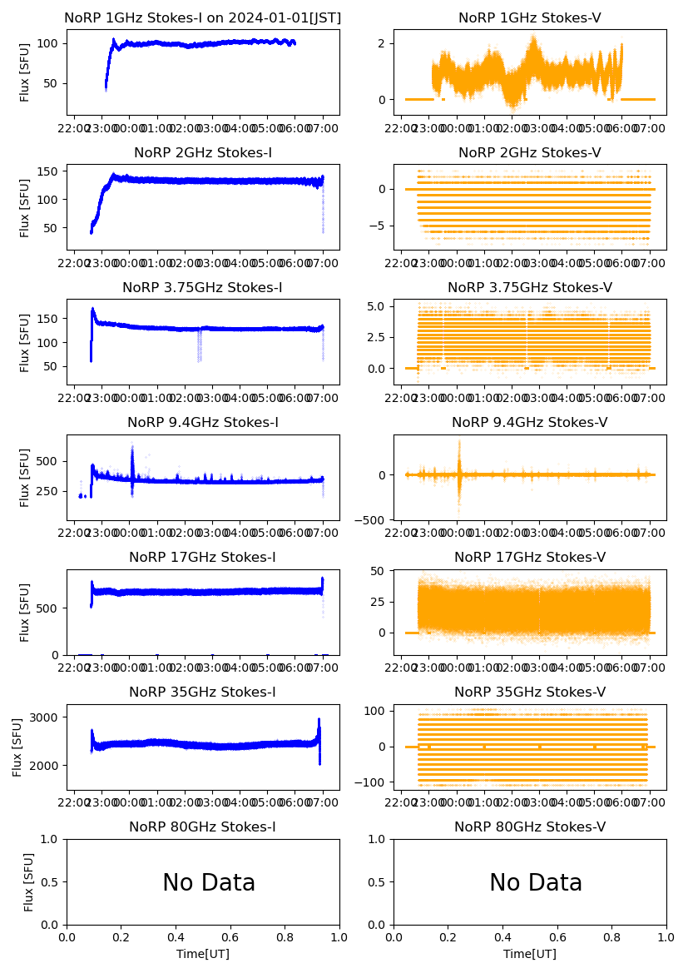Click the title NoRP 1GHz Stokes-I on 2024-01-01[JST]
point(202,17)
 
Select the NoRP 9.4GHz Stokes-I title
point(202,422)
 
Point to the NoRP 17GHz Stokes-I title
point(202,557)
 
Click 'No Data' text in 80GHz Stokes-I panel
point(209,882)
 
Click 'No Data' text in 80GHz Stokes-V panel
point(536,882)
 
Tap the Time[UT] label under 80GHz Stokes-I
point(202,954)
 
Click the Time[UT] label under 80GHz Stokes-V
point(530,954)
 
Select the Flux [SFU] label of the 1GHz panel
point(25,72)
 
